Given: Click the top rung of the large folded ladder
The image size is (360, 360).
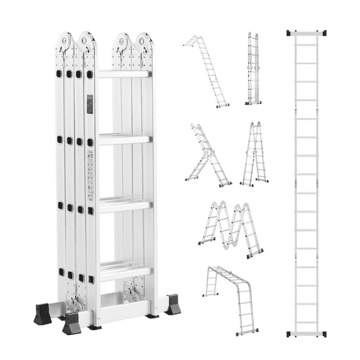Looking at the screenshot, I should [124, 74].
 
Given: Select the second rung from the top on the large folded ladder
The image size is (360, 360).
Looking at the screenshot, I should [124, 139].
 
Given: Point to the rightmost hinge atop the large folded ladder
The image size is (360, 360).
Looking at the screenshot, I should [145, 42].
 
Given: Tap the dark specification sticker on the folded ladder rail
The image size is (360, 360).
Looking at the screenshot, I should [90, 104].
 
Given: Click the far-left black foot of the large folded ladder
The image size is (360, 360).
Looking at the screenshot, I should [43, 315].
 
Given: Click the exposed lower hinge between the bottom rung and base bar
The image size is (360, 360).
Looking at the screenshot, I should [133, 291].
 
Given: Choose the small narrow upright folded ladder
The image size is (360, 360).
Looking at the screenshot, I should [253, 68].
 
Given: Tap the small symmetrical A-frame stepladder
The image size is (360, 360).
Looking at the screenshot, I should [254, 155].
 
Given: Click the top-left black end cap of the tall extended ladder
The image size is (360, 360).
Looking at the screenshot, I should [288, 32].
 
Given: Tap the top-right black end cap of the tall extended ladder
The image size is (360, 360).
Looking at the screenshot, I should [324, 32].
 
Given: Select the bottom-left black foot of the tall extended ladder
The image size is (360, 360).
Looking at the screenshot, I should [289, 334].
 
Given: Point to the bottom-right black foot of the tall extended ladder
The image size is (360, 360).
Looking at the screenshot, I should [324, 334].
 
